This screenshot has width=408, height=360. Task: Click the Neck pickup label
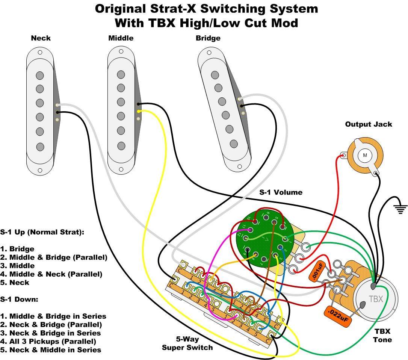point(41,38)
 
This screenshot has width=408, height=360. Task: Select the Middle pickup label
point(121,38)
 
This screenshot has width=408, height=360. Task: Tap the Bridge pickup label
point(208,38)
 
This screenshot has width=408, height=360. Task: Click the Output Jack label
point(368,124)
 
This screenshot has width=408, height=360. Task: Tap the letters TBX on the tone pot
point(376,299)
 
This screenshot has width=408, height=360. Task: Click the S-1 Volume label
point(281,192)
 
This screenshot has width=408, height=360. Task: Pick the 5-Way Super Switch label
point(187,343)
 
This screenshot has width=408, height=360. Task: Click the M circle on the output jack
point(364,154)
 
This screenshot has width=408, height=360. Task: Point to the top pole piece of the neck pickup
point(40,76)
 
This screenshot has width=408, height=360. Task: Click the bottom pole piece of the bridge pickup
point(233,143)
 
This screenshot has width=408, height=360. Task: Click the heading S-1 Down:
point(19,299)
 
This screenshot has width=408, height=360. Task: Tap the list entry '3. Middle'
point(17,266)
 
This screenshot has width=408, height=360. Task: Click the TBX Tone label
point(382,336)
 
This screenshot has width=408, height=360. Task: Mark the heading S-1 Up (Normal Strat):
point(42,232)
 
